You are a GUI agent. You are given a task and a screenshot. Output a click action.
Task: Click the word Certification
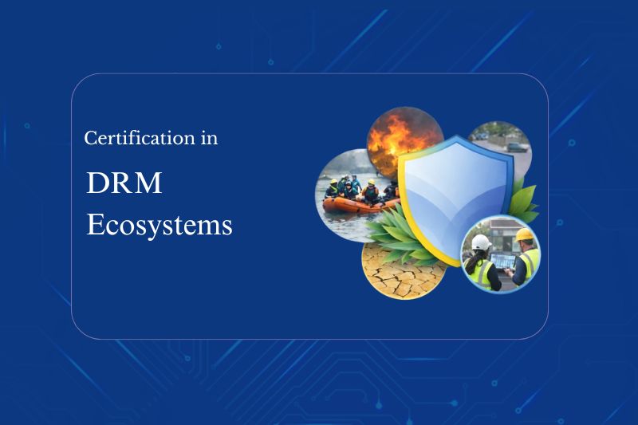point(139,138)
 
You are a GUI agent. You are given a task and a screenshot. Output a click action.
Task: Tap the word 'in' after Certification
point(209,138)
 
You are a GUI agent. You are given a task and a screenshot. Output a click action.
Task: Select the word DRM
point(124,183)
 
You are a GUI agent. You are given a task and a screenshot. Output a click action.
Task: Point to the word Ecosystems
point(159,225)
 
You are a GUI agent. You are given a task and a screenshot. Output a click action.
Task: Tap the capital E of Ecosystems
point(94,224)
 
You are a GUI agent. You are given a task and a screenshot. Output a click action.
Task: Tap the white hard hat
point(482,242)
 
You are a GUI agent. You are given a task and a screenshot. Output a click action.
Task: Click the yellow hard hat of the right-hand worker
point(524,234)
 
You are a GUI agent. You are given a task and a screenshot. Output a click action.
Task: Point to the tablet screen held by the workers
point(502,261)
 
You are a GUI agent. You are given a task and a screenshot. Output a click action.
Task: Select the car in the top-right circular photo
point(517,147)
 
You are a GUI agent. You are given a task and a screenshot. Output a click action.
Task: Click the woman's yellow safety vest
point(479,271)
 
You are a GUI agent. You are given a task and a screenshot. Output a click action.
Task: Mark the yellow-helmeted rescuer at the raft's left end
point(333,189)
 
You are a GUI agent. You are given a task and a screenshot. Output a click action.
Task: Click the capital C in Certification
point(90,138)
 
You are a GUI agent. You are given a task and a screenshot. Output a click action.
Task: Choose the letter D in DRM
point(96,183)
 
